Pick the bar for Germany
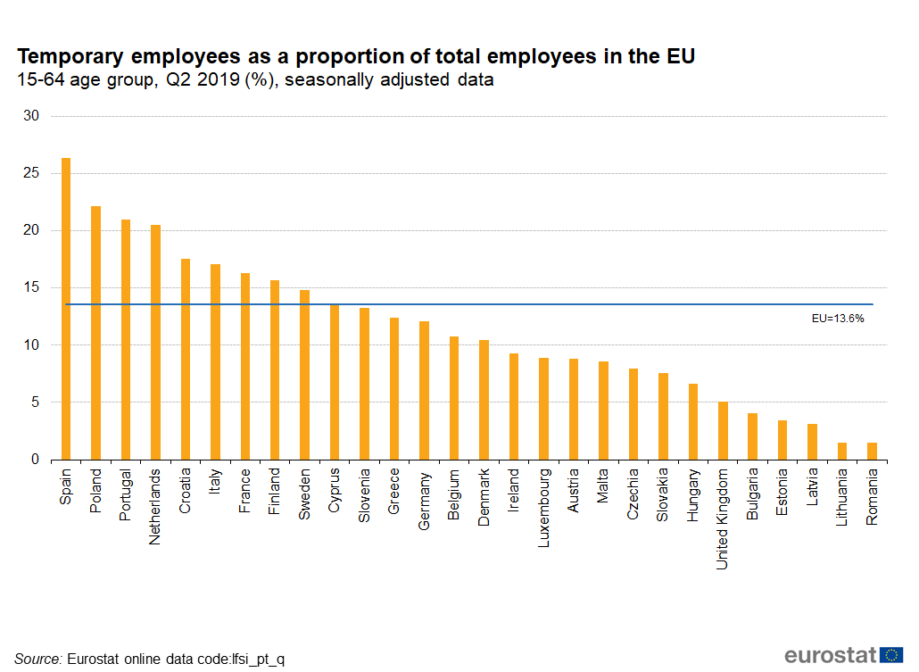[424, 390]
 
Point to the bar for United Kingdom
[723, 431]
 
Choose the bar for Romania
[872, 451]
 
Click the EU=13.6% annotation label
[837, 318]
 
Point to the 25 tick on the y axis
[33, 173]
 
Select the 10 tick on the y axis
[33, 345]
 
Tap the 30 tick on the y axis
[33, 116]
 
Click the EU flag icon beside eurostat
[890, 655]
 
